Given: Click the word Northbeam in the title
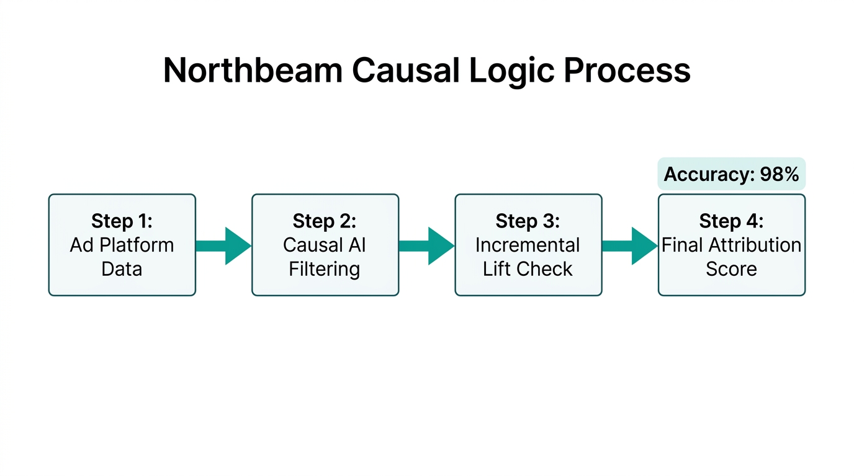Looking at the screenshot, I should point(252,70).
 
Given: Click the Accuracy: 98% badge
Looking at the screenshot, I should point(731,174).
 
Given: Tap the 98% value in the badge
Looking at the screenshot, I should point(779,174).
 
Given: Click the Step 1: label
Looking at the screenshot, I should point(122,221).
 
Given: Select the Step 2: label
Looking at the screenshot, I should point(325,221).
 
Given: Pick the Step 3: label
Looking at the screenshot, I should point(528,221).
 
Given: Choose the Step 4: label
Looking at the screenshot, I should point(731,221).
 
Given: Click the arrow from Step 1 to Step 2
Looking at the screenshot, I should point(223,245).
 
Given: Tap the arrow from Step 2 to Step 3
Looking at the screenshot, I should point(426,245).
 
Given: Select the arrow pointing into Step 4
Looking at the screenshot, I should point(629,245).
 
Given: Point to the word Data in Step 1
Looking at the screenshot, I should point(122,269).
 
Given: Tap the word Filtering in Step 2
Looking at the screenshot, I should point(325,269).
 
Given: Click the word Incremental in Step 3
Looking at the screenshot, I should point(528,245).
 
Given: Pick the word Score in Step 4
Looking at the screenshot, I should point(731,269).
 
